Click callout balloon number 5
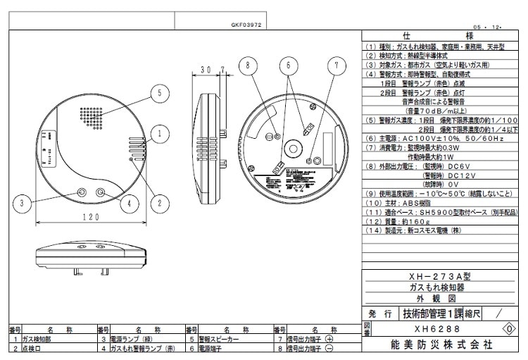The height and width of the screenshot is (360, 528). (160, 92)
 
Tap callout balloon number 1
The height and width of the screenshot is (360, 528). (160, 132)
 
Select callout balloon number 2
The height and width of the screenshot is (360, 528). (160, 204)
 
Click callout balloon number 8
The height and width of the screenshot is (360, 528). (244, 66)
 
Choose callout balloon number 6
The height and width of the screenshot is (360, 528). (287, 66)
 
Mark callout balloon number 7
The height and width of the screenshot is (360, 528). (337, 66)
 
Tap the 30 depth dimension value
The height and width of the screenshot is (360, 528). (206, 70)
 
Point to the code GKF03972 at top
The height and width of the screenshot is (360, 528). (247, 24)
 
